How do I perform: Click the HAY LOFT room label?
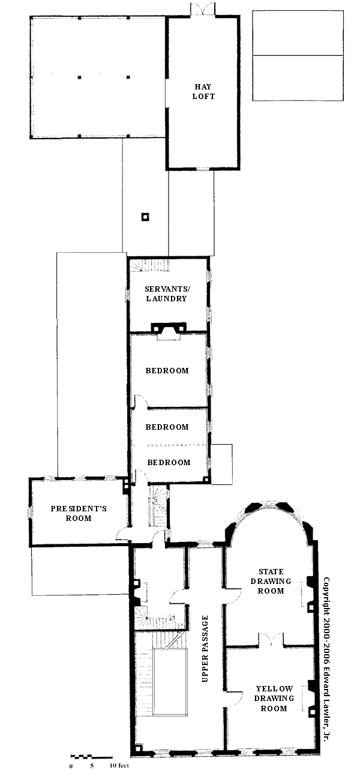click(x=203, y=91)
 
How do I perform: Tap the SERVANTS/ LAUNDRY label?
click(x=167, y=293)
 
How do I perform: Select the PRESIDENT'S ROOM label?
click(x=79, y=513)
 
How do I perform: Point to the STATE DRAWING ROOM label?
click(x=271, y=581)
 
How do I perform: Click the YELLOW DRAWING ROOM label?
click(x=274, y=699)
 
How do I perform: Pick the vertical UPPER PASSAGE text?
click(x=205, y=649)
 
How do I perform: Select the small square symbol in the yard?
click(x=145, y=217)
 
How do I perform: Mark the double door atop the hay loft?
click(x=203, y=9)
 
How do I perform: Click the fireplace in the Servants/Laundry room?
click(x=168, y=331)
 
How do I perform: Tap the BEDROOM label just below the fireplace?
click(x=167, y=371)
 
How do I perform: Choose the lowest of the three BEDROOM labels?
click(x=169, y=463)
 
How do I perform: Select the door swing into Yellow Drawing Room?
click(x=234, y=700)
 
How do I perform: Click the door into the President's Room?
click(x=123, y=533)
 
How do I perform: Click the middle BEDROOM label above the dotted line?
click(x=167, y=427)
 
